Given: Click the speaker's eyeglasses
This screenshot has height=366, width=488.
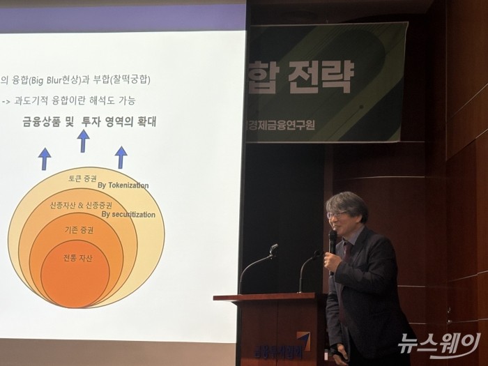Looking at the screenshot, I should point(337,214).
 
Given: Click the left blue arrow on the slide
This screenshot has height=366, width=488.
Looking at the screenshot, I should point(45,158).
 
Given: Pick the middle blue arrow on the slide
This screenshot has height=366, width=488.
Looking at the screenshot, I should point(83,141).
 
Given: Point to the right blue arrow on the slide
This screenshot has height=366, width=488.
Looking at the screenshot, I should point(121,157).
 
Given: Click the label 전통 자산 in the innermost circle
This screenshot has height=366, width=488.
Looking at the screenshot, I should point(77,258).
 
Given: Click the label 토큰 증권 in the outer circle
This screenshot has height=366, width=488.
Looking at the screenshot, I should point(82,178).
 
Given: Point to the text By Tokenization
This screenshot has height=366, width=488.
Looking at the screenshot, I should point(123,185).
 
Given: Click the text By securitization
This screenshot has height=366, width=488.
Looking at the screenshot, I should point(128,214).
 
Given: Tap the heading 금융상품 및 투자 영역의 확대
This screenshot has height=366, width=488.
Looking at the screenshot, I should point(89,121).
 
